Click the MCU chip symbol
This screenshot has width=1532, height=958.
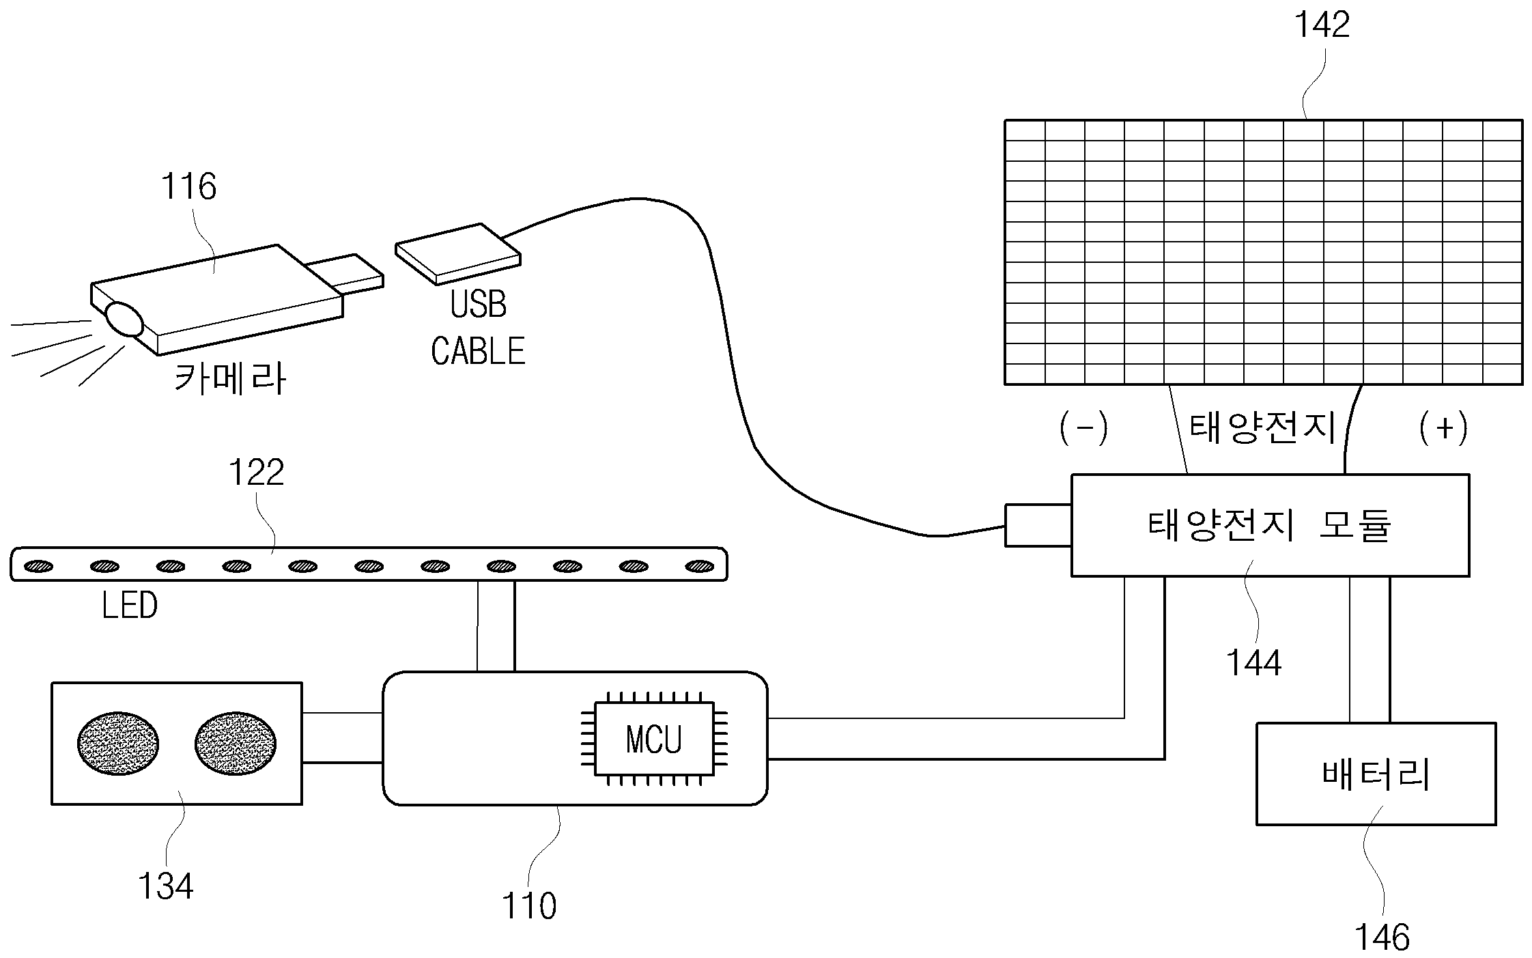tap(654, 738)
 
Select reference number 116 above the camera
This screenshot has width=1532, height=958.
tap(188, 186)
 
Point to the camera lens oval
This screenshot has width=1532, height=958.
tap(124, 319)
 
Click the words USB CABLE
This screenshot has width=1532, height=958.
tap(478, 328)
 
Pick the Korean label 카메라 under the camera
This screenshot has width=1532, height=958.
tap(230, 378)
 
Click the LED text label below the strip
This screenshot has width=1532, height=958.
tap(129, 605)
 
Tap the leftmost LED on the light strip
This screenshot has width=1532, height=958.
tap(39, 566)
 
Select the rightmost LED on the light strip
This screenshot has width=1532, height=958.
tap(700, 566)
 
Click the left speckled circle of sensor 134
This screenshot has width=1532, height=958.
tap(118, 744)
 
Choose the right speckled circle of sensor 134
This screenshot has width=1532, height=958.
tap(236, 744)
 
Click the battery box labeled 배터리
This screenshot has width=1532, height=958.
tap(1376, 774)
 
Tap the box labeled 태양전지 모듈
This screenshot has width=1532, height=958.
tap(1270, 526)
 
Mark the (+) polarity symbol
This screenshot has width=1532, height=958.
tap(1443, 428)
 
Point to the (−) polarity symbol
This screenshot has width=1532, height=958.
tap(1084, 428)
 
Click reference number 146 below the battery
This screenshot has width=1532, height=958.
tap(1382, 938)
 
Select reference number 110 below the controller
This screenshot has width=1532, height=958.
tap(529, 906)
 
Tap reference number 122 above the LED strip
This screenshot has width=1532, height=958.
tap(256, 472)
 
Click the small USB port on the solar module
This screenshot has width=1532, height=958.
tap(1038, 526)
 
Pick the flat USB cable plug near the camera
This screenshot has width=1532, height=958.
tap(458, 253)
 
